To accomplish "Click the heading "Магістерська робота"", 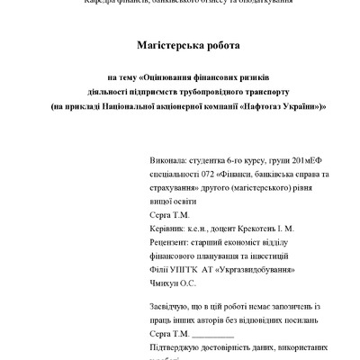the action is tap(180, 45).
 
